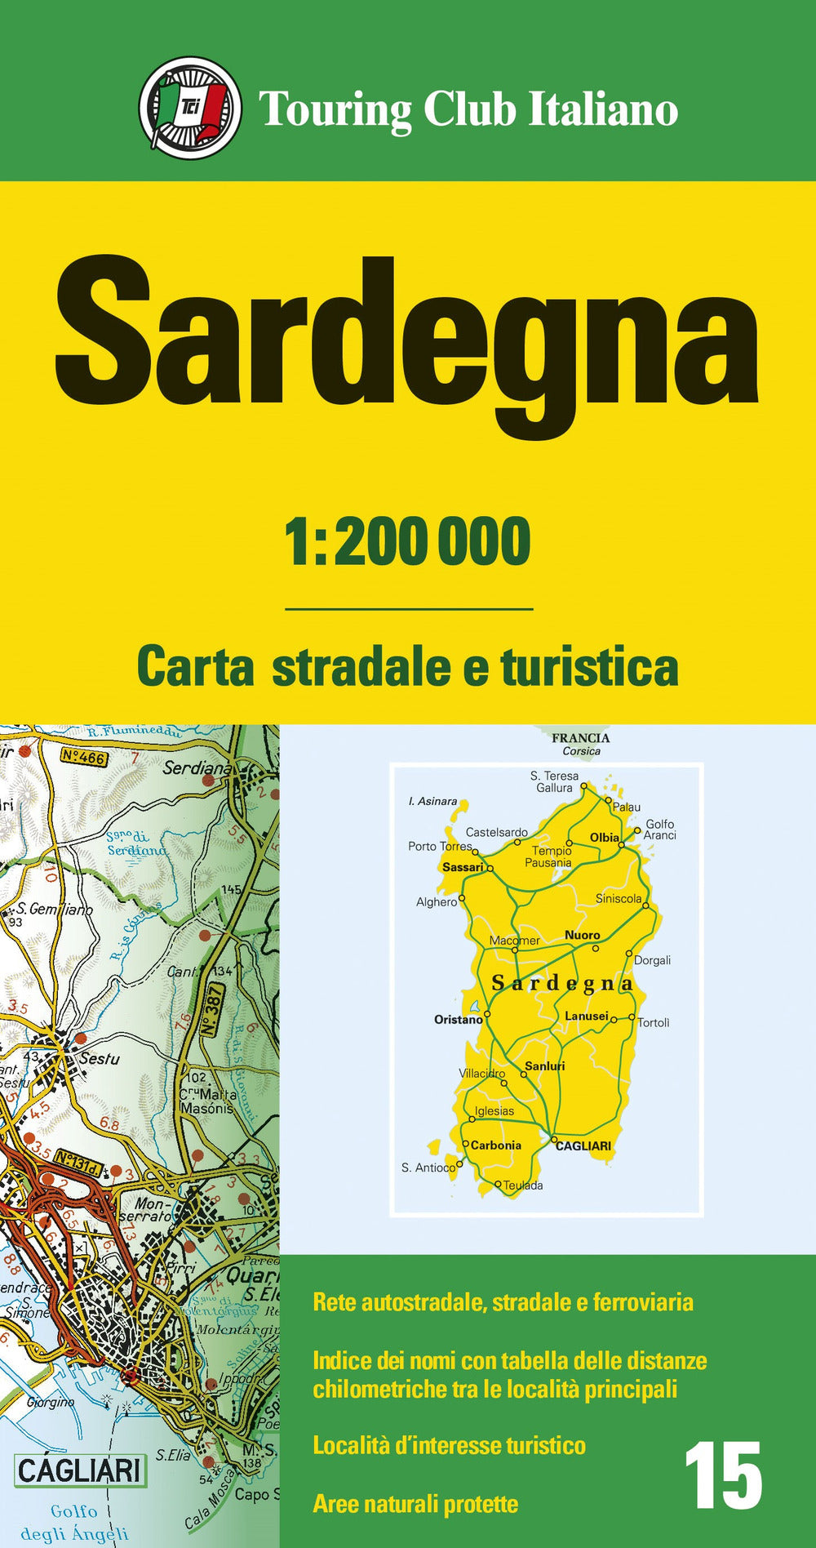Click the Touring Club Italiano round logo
point(190,108)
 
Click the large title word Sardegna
point(406,339)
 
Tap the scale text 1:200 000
point(407,542)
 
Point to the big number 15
point(723,1476)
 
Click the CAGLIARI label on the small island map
point(583,1145)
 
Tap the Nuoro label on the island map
point(582,935)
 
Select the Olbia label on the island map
point(605,838)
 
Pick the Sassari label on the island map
point(463,867)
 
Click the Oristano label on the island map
point(458,1019)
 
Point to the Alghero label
point(437,902)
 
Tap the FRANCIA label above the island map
point(580,738)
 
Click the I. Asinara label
point(432,801)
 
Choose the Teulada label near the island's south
point(523,1185)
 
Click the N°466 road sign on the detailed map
point(83,758)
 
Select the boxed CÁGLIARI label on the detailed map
point(79,1470)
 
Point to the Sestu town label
point(99,1059)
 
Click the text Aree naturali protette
point(415,1504)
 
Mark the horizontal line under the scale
point(409,609)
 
